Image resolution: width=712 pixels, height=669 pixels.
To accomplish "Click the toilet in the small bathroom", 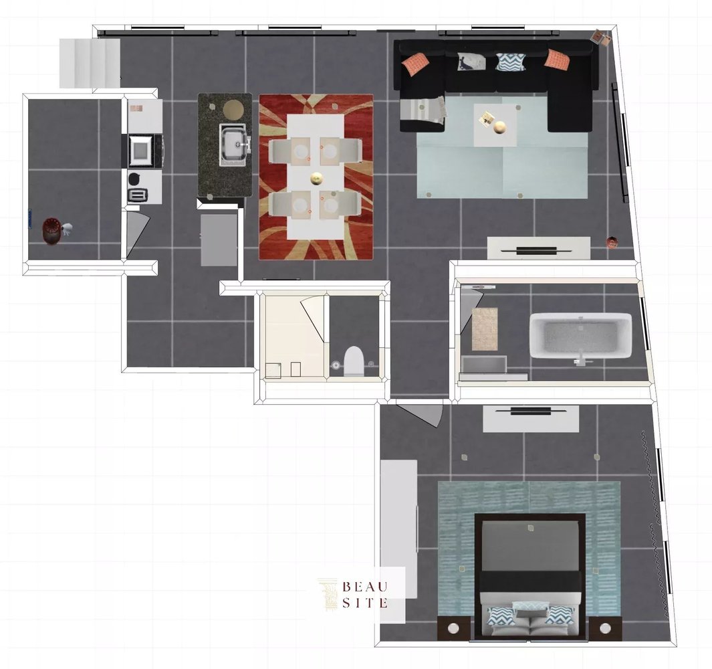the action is (354, 361).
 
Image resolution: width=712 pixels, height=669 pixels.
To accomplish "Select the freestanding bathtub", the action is (580, 335).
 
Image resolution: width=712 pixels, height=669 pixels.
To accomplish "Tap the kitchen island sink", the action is (234, 145).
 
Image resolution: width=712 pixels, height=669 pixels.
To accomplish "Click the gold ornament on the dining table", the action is (316, 178).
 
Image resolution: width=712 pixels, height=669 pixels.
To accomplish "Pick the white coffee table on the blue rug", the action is (495, 125).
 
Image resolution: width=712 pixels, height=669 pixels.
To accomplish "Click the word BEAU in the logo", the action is (364, 586).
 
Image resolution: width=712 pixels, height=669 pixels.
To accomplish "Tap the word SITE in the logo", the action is (364, 603).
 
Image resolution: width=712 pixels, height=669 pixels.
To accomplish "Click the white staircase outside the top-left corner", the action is (90, 63).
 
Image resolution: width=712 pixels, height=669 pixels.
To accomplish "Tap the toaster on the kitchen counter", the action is (138, 195).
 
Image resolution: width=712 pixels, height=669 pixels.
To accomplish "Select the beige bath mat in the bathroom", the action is (485, 329).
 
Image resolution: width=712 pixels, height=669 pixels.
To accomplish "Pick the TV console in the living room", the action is (539, 248).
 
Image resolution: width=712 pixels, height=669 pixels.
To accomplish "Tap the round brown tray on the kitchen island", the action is (233, 109).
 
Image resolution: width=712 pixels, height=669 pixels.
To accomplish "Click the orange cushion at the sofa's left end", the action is (416, 64).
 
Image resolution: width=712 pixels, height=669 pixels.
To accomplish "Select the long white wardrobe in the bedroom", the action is (398, 529).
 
